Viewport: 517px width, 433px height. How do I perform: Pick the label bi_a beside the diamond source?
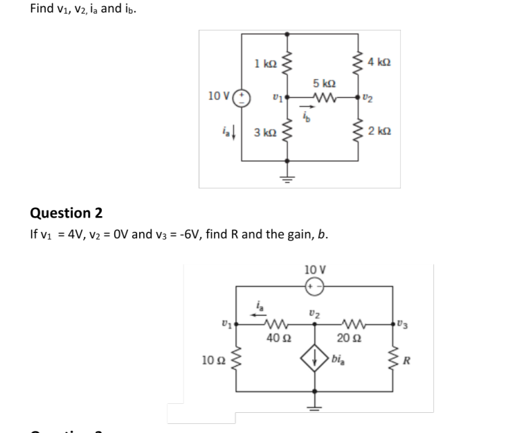click(339, 360)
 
